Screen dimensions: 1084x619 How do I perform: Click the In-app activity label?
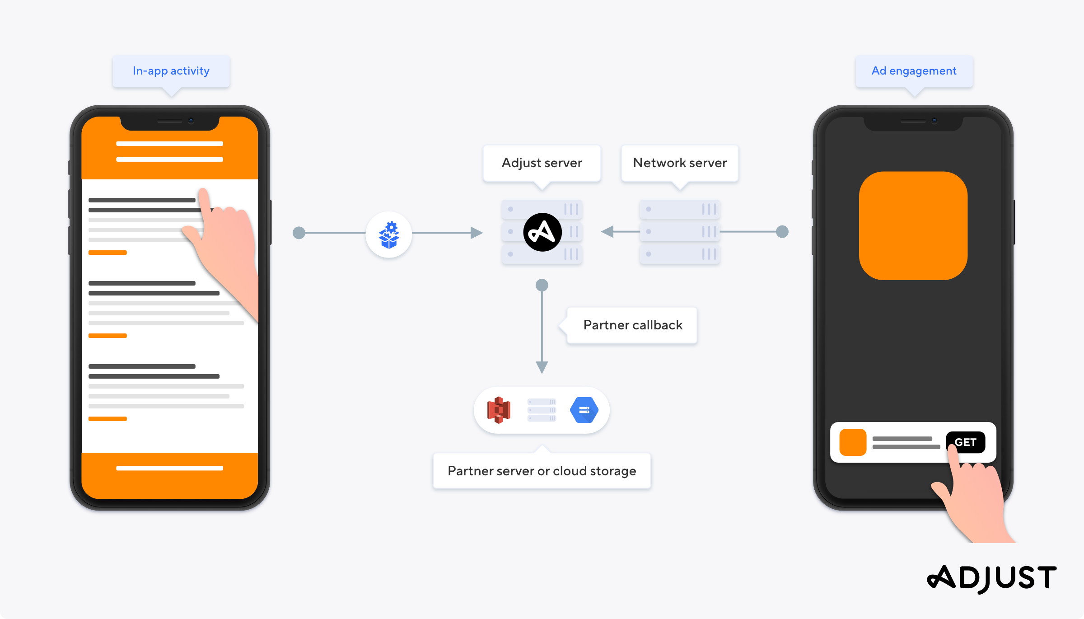171,71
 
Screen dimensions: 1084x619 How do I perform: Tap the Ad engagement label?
914,71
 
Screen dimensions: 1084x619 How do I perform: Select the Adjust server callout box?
542,163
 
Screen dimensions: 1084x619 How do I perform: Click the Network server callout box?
680,163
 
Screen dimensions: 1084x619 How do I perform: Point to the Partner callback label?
632,325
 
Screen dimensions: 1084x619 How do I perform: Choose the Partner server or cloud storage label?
542,471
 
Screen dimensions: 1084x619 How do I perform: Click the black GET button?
965,442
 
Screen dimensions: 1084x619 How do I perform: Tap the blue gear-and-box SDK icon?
389,234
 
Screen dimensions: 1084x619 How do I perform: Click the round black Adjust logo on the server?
542,232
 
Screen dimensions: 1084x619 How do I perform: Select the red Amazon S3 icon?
499,410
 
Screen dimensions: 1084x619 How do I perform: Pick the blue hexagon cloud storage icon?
584,410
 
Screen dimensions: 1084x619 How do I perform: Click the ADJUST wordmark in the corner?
992,578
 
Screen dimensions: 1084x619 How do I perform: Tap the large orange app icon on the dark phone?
913,225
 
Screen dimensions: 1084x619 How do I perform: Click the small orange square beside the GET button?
853,442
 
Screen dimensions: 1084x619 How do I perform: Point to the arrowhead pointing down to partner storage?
542,367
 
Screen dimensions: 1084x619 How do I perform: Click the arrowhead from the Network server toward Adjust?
607,231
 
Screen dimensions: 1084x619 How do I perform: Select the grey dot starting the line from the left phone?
299,233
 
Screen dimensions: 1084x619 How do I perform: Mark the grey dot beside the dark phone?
782,231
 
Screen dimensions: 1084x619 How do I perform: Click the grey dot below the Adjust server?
542,285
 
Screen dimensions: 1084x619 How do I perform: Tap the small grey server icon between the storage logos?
542,410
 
